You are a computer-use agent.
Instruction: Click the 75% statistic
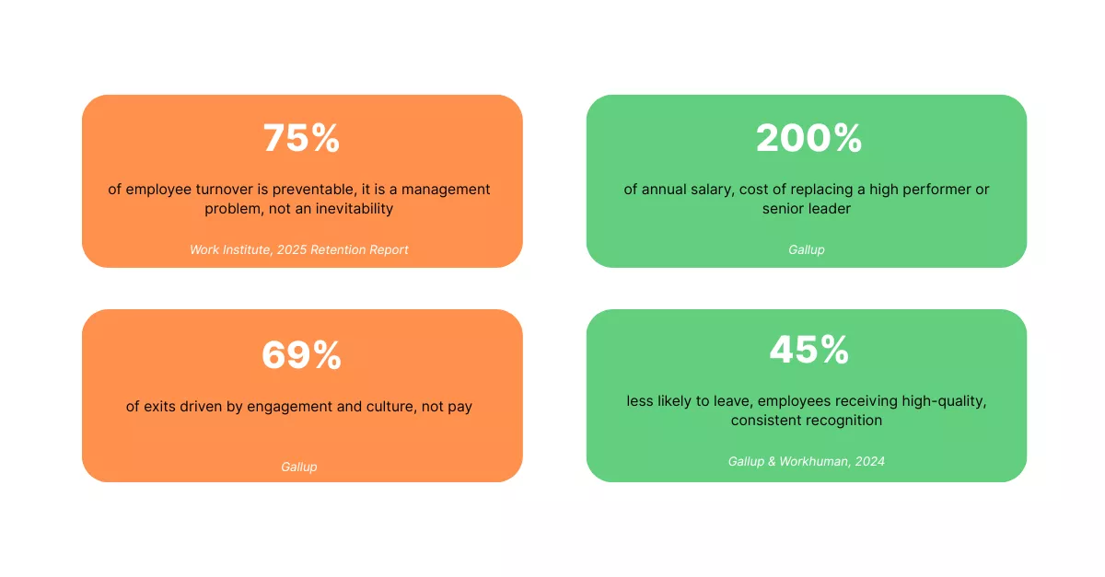pos(301,138)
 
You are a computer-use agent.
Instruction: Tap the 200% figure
pos(809,138)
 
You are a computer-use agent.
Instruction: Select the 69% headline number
pos(301,355)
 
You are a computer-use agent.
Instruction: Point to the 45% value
pos(809,350)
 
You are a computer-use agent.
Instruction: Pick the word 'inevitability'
pos(355,209)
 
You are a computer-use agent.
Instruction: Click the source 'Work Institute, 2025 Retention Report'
pos(299,249)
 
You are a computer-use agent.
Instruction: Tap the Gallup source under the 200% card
pos(806,250)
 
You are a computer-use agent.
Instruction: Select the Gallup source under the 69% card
pos(299,467)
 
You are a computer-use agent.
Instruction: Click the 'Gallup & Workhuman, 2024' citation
pos(806,461)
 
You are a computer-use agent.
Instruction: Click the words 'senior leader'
pos(806,209)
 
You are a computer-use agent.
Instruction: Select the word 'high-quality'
pos(944,401)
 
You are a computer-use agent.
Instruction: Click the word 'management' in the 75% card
pos(446,190)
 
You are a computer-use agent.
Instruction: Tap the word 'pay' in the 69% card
pos(460,408)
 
